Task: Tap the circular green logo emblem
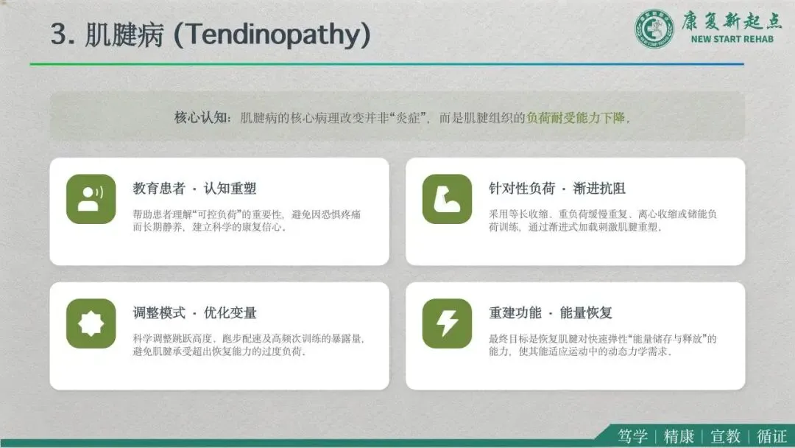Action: [654, 29]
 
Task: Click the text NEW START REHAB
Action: [732, 39]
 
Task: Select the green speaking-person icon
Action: [91, 199]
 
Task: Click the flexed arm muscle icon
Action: [447, 199]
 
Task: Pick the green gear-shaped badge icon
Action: [91, 323]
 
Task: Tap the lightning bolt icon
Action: [447, 323]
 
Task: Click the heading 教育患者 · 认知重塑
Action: [194, 189]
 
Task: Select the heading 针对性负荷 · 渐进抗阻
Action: [557, 189]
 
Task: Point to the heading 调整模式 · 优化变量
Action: [194, 313]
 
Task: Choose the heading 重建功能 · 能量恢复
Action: [551, 313]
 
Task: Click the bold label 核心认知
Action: [200, 118]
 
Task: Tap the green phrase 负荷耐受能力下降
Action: [576, 118]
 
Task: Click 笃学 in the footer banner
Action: [632, 436]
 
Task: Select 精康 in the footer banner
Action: [679, 436]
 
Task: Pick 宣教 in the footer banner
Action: [726, 436]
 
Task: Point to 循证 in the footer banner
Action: [771, 436]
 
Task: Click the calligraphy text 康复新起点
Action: [732, 21]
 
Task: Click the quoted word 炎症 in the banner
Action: [408, 118]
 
